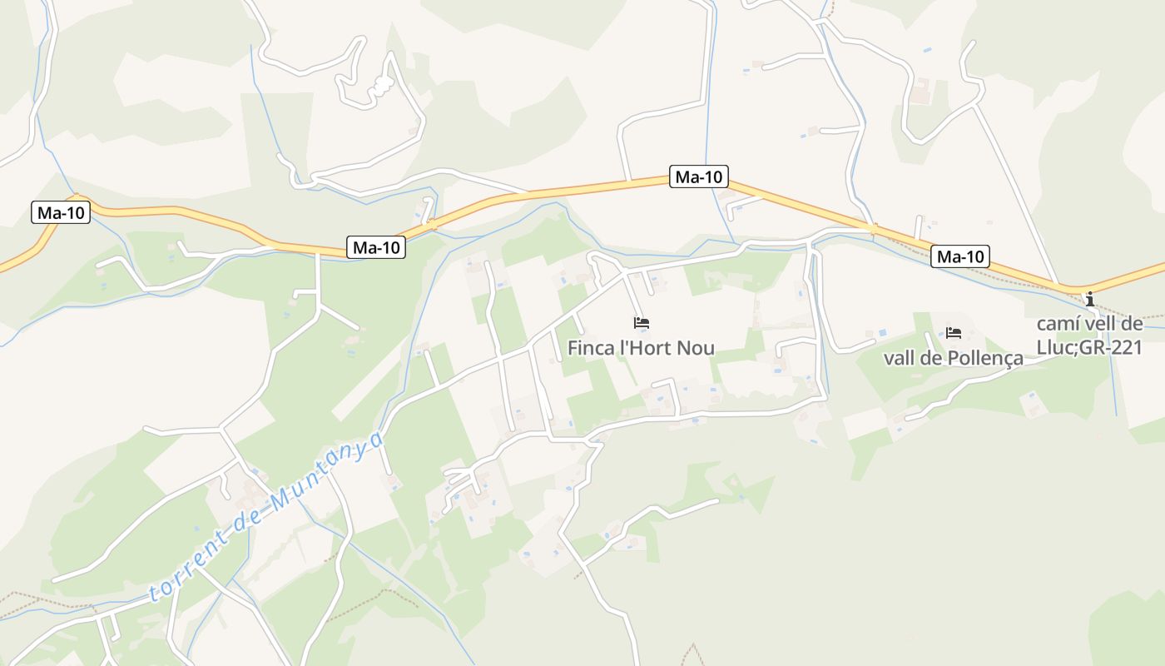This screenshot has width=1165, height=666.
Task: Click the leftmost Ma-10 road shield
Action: (x=61, y=212)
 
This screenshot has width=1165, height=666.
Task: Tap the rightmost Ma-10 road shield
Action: (x=959, y=256)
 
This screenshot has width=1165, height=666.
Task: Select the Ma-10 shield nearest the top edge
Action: (x=698, y=176)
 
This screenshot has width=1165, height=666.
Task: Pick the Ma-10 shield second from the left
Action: (x=376, y=247)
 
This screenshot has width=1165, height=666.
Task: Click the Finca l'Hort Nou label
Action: (x=641, y=348)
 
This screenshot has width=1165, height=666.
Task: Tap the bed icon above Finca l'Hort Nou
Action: (x=641, y=323)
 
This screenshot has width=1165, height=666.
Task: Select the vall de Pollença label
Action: (x=953, y=359)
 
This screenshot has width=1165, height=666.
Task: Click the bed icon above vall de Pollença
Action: (x=954, y=333)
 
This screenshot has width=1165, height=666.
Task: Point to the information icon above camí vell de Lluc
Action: (x=1090, y=299)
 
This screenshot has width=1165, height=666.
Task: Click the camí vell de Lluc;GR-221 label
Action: (x=1090, y=335)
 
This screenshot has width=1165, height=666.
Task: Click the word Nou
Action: (x=695, y=348)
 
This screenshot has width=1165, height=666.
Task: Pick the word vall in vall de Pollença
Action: (x=897, y=359)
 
